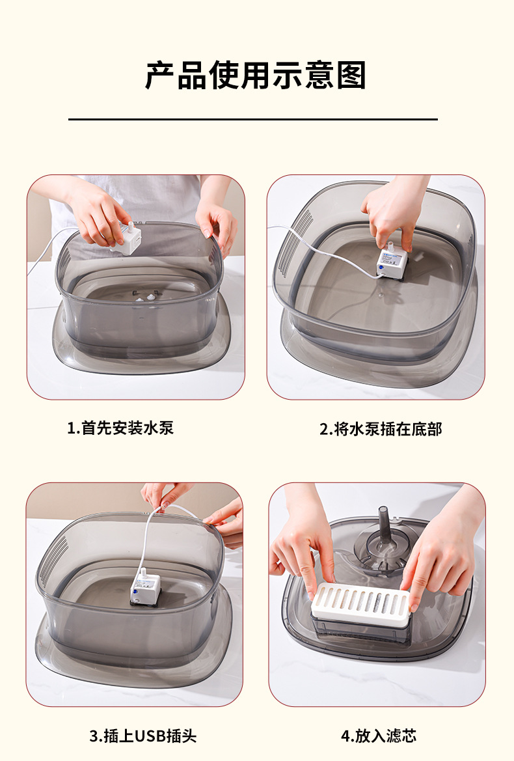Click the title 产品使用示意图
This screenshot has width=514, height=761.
click(256, 76)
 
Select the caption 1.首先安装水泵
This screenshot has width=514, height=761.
click(121, 428)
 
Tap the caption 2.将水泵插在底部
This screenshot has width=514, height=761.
click(381, 429)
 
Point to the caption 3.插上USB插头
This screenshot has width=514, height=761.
click(142, 736)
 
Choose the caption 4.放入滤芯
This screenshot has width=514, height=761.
click(379, 736)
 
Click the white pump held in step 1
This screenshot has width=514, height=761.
click(126, 238)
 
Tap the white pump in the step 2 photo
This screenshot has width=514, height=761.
click(392, 262)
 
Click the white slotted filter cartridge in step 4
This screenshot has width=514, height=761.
click(360, 602)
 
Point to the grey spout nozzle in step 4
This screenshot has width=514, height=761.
click(384, 527)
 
